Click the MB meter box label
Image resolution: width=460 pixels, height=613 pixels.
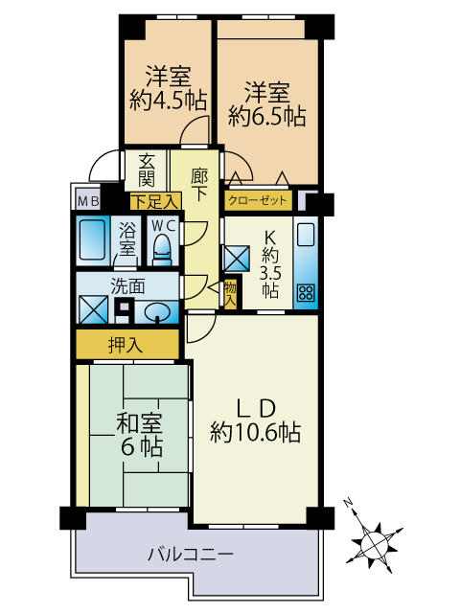click(89, 202)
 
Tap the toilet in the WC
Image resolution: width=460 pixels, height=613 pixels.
click(162, 249)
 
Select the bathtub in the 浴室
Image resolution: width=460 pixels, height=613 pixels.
click(93, 239)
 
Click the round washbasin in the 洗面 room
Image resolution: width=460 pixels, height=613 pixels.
click(157, 312)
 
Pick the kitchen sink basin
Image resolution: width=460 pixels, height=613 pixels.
click(306, 235)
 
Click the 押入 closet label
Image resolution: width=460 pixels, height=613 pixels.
click(126, 345)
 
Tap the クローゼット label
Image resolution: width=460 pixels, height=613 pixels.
click(258, 201)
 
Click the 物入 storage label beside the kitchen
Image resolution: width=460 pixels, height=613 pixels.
click(231, 294)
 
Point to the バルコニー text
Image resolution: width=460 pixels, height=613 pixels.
click(190, 555)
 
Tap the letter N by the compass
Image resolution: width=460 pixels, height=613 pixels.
click(348, 502)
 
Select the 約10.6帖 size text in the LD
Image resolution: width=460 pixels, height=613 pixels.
click(255, 432)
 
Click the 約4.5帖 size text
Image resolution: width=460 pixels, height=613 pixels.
click(169, 100)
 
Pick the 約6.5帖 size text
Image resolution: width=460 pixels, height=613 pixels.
click(267, 115)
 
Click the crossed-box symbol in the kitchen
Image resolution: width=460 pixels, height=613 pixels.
click(237, 258)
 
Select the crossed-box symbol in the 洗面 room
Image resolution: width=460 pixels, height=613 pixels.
click(93, 309)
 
